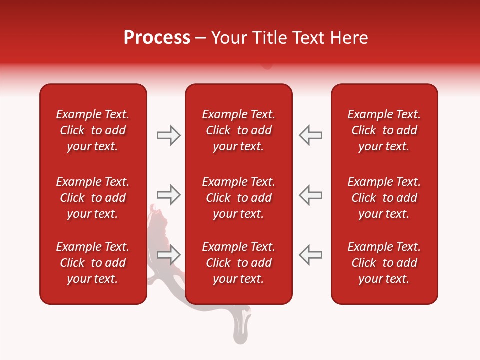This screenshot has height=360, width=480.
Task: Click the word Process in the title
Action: coord(157,38)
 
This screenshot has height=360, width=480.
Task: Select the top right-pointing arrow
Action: coord(168,135)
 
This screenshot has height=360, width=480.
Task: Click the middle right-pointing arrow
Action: coord(168,195)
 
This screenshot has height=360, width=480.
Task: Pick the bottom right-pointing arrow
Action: coord(168,255)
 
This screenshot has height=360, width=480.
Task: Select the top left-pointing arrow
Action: coord(310,135)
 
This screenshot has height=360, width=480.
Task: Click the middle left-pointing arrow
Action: coord(310,195)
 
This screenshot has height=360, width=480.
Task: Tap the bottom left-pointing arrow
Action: coord(310,255)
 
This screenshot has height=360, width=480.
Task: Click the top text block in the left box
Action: coord(93,130)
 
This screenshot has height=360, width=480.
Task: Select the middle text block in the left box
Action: coord(93,198)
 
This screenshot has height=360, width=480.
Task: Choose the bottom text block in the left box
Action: coord(93,263)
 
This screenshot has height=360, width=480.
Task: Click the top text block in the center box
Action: coord(238,130)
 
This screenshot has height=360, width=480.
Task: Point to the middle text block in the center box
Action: coord(238,198)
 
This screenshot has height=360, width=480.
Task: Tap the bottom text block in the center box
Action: coord(238,263)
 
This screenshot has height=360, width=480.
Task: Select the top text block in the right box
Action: coord(384,130)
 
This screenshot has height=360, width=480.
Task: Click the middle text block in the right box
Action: coord(384,198)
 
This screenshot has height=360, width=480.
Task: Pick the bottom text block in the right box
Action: coord(384,263)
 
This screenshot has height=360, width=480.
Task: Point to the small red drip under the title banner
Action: coord(267,65)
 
